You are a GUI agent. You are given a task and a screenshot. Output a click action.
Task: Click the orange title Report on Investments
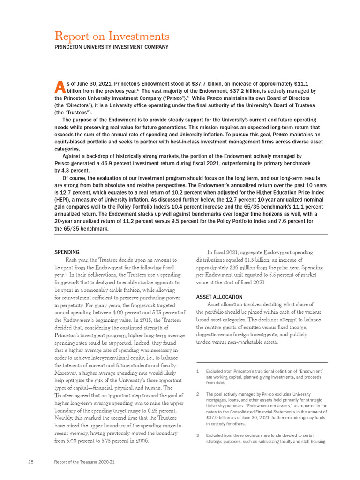112,36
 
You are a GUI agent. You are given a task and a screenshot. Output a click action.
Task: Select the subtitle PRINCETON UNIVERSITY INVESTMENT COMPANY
112,47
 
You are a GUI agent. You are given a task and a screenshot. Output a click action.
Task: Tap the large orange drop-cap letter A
60,86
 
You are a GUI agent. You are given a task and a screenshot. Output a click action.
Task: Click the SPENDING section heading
67,252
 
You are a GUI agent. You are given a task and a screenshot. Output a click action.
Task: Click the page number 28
30,462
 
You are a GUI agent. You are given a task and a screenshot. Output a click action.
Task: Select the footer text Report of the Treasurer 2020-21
84,462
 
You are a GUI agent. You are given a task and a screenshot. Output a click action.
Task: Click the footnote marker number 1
198,371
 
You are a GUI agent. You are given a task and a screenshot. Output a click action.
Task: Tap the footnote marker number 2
198,394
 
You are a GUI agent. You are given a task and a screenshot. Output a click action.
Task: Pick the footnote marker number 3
198,435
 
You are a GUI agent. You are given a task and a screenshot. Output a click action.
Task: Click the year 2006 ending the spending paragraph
142,441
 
